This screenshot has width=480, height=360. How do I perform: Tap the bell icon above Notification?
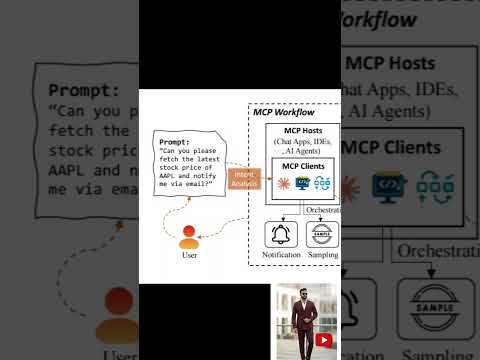pyautogui.click(x=281, y=235)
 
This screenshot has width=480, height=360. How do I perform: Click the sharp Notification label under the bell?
pyautogui.click(x=281, y=256)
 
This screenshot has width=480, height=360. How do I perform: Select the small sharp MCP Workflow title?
pyautogui.click(x=284, y=111)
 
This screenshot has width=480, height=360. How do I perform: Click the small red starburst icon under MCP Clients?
pyautogui.click(x=284, y=183)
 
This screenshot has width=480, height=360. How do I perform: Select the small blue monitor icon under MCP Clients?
pyautogui.click(x=303, y=183)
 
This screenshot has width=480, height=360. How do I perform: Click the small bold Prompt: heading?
pyautogui.click(x=174, y=143)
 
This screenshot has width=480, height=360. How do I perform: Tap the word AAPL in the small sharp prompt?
pyautogui.click(x=171, y=177)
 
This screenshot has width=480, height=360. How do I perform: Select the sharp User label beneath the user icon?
pyautogui.click(x=188, y=255)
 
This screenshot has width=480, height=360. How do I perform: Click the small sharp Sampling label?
pyautogui.click(x=322, y=256)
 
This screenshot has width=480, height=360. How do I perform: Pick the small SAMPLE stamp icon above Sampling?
pyautogui.click(x=322, y=235)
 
